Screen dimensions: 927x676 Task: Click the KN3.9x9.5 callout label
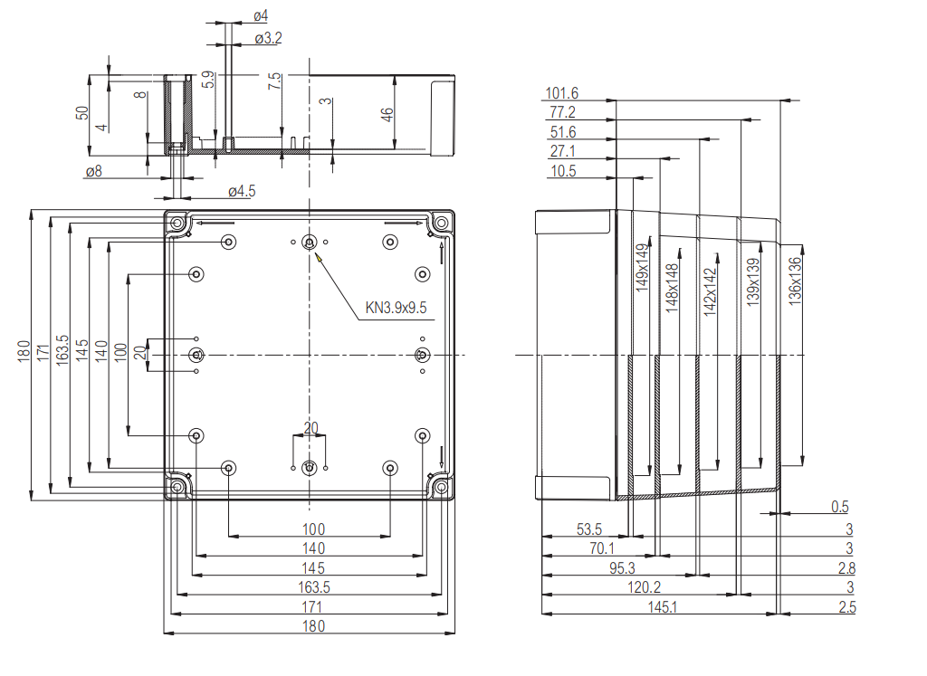pos(396,308)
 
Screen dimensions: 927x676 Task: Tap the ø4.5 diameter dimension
pos(242,191)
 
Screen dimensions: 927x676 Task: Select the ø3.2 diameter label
pos(268,38)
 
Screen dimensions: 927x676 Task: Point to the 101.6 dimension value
pos(561,93)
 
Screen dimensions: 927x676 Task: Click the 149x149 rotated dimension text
pos(642,268)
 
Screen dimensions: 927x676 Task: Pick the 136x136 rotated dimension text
pos(795,281)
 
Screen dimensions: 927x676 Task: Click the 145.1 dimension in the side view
pos(662,607)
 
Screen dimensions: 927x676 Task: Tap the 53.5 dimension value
pos(588,528)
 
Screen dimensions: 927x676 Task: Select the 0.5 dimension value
pos(839,507)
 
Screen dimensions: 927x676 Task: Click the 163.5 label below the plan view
pos(313,587)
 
